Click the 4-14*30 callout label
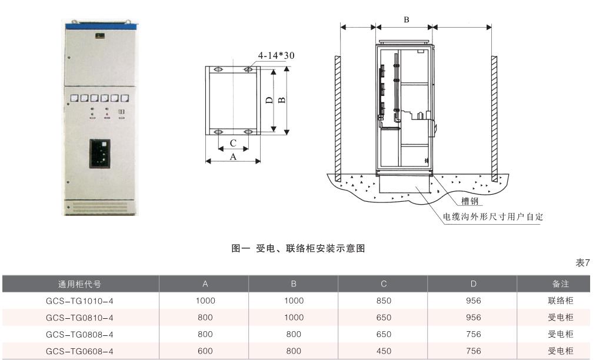(276, 56)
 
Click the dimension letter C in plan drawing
(233, 143)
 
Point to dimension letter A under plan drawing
(233, 156)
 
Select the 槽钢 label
(470, 201)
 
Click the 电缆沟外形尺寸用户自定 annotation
(492, 216)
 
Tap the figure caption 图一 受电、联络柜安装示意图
(298, 249)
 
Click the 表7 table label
(582, 263)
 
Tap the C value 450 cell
(384, 351)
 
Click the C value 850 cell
(384, 301)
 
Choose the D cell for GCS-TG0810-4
(473, 318)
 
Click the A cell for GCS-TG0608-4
(205, 351)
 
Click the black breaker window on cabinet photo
(100, 154)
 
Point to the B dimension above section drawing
(406, 19)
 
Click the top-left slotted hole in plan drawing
(218, 69)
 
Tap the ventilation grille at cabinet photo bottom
(100, 206)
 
